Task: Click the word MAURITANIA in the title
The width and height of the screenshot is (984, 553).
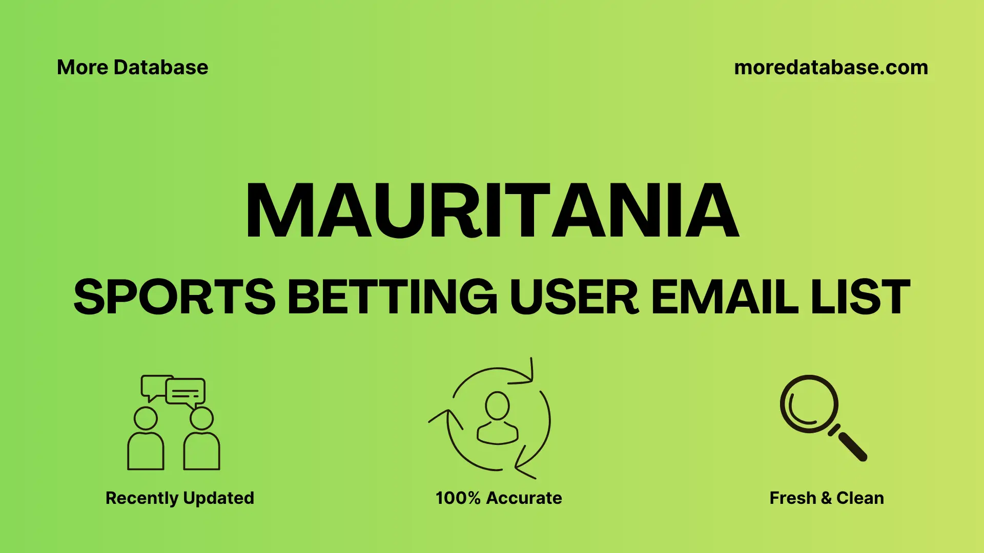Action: [492, 211]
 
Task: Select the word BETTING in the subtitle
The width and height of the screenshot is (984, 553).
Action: [392, 297]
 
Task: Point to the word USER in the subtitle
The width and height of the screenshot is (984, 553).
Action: [574, 297]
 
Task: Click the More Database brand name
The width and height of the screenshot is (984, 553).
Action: [132, 68]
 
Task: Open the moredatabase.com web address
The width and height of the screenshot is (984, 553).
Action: [831, 68]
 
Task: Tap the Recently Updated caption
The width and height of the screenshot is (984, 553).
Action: [179, 498]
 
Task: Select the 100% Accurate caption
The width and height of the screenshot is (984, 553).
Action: [499, 498]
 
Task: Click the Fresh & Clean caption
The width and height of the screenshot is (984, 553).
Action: [826, 498]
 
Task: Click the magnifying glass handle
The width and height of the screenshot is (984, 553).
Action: [852, 445]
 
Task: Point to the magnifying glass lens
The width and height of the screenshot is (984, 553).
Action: [809, 403]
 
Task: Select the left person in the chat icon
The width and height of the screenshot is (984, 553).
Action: [146, 440]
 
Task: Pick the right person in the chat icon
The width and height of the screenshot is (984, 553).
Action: [201, 440]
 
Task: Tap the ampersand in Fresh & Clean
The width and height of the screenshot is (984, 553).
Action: [826, 498]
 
